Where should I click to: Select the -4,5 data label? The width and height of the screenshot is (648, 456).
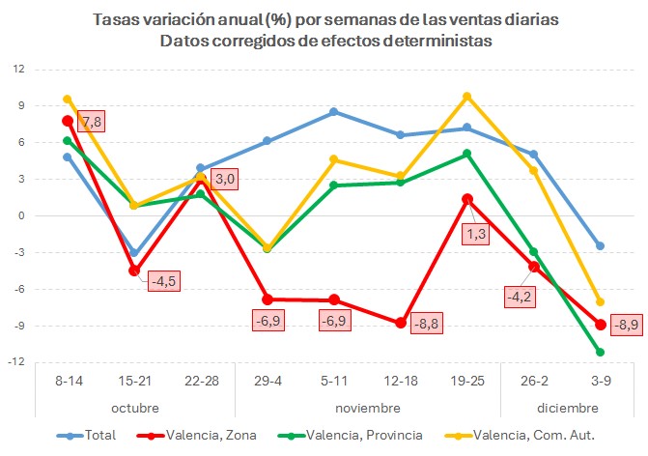(163, 282)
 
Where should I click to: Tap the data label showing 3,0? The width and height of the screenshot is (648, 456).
(224, 179)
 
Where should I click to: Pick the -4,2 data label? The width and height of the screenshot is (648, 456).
(518, 297)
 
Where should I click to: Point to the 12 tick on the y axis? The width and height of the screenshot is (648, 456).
(18, 70)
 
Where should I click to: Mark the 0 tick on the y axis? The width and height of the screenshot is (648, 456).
(21, 215)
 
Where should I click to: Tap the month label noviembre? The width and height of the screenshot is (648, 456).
(367, 407)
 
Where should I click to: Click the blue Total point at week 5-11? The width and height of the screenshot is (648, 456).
(333, 112)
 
